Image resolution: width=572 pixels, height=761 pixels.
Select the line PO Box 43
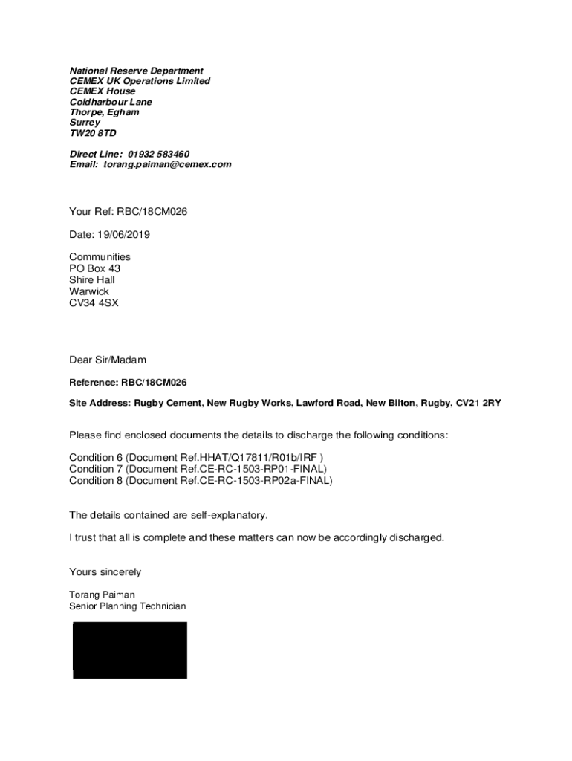pos(94,268)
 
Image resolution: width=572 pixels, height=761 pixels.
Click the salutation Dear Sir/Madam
pos(108,360)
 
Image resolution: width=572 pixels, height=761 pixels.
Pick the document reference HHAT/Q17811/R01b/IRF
pos(259,458)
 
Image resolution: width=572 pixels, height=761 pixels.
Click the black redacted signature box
pos(130,650)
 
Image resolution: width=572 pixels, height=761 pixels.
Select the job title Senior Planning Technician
pos(128,606)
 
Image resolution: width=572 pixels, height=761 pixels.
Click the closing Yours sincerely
pos(105,572)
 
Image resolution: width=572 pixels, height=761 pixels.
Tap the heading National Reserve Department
pos(136,71)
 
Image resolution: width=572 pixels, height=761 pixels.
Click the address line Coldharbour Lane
pos(111,102)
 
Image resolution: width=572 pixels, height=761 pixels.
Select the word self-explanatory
pos(227,514)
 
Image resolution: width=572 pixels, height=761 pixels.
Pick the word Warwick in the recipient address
pos(89,291)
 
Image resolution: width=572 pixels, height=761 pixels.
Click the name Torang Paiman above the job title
pos(102,595)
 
